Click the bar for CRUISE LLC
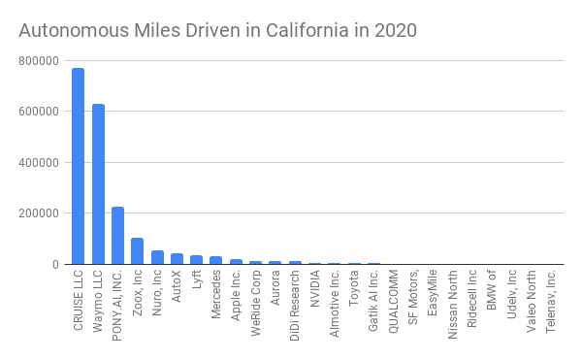(x=78, y=166)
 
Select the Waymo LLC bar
(x=98, y=184)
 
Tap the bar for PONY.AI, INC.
(x=117, y=235)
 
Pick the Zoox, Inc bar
(x=138, y=251)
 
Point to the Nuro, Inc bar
(x=157, y=257)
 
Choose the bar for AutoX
(x=177, y=259)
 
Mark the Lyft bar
(x=196, y=260)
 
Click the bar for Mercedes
(x=215, y=260)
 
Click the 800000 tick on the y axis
(x=39, y=61)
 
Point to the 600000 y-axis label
(x=39, y=112)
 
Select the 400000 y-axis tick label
(x=39, y=163)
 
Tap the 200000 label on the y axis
(x=39, y=213)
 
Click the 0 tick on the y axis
(x=55, y=265)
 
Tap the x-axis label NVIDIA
(x=314, y=289)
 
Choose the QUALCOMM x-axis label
(x=393, y=302)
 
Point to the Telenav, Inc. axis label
(x=550, y=302)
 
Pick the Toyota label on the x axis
(x=354, y=288)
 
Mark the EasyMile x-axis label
(x=432, y=293)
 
